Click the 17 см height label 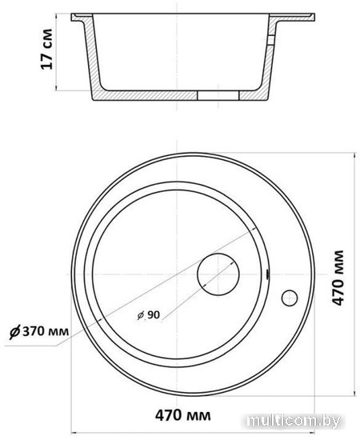pos(46,49)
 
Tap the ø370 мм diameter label pos(39,331)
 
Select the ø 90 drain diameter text pos(149,315)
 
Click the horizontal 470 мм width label pos(183,415)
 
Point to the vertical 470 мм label pos(338,278)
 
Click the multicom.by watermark pos(294,421)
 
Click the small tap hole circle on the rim pos(290,298)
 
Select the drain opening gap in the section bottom pos(218,95)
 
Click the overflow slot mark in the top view pos(267,275)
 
